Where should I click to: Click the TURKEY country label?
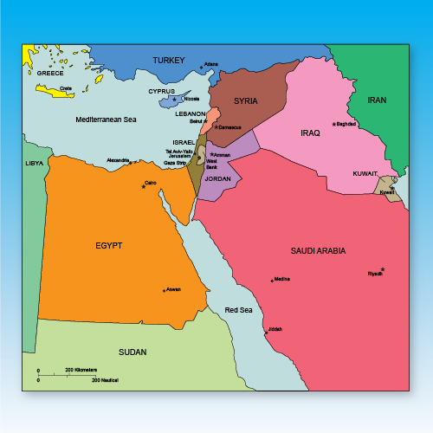point(169,60)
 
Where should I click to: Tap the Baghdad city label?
point(346,125)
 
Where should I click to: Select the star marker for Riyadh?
point(382,269)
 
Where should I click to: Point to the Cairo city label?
point(151,183)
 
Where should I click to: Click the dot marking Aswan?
point(164,290)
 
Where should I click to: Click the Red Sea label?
point(238,310)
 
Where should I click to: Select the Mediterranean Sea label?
point(106,119)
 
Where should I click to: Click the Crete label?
point(65,88)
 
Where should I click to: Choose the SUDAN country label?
point(132,352)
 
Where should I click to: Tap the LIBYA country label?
point(34,163)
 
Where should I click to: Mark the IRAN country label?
point(377,100)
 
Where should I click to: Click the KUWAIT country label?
point(365,173)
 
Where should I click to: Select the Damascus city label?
point(229,127)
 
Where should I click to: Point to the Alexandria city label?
point(118,160)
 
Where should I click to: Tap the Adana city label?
point(210,64)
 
